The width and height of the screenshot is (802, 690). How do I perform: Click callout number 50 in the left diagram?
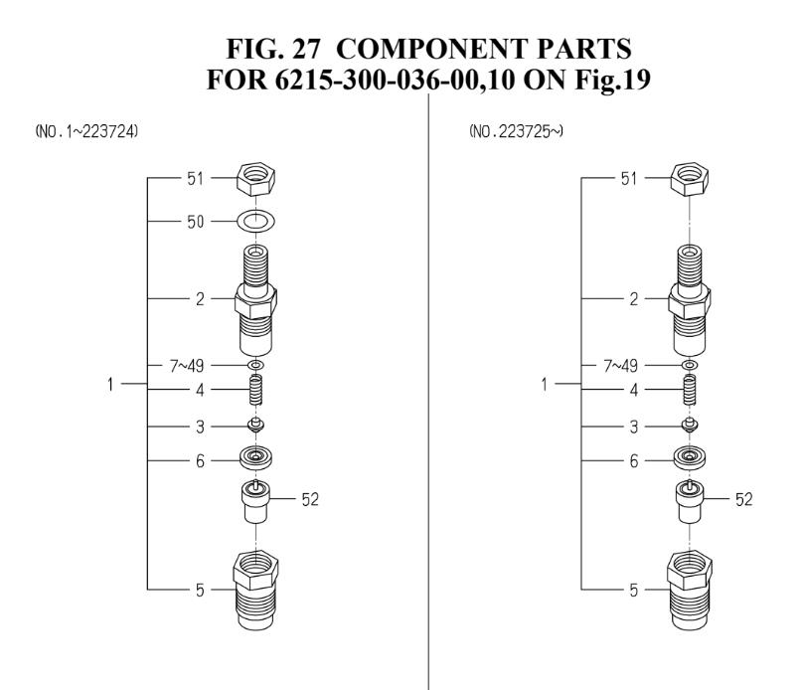coord(196,222)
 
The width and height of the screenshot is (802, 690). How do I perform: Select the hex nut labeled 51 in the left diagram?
coord(256,179)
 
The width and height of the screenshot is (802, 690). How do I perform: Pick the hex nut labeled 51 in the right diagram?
coord(690,179)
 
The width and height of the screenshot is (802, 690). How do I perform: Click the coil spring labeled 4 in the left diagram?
coord(256,390)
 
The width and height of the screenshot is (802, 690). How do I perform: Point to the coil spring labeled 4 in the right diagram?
coord(690,390)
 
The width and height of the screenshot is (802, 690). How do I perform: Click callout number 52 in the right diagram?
coord(743,499)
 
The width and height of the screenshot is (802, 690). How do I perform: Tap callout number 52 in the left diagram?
coord(310,499)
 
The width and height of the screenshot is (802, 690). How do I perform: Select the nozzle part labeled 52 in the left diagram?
coord(255,501)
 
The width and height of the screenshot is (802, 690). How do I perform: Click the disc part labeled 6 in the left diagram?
coord(255,457)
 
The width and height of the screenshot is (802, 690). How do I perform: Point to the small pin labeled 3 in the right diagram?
coord(690,425)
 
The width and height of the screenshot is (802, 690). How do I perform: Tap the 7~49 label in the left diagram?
coord(187,366)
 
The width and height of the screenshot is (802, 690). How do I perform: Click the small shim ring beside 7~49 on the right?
coord(690,365)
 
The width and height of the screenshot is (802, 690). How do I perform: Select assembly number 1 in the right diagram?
coord(544,384)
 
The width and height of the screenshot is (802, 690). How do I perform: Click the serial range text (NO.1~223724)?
coord(86,132)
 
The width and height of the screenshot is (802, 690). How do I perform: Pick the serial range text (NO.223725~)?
coord(516,132)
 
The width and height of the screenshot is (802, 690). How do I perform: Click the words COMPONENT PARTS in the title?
coord(483,49)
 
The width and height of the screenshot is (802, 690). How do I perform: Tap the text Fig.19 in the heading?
coord(613,80)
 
